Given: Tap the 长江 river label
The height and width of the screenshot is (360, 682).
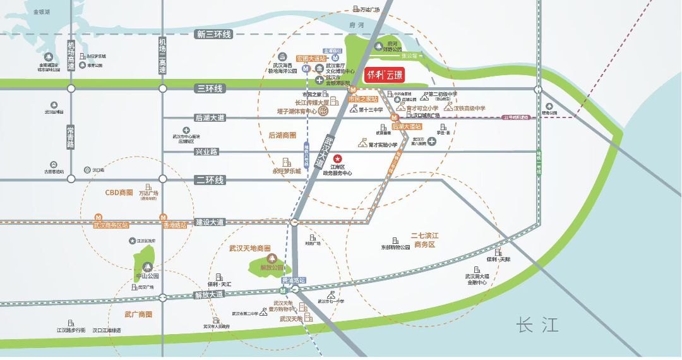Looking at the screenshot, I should [x=537, y=325].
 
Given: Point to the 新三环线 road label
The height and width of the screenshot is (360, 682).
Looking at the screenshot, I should [x=214, y=34].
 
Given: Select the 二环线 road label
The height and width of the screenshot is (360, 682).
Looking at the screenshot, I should [x=210, y=181].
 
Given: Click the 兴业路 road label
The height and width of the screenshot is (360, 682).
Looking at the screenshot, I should [x=206, y=152].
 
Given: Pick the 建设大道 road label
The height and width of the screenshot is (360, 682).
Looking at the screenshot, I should [x=210, y=222].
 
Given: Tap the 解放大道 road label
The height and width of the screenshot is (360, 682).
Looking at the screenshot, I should [x=209, y=294].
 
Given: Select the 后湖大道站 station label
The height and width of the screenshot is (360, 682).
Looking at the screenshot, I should [x=407, y=126].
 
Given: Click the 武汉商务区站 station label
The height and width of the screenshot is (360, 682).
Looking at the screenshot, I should [x=111, y=225].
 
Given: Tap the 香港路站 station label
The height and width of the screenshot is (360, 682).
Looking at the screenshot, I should [x=175, y=225].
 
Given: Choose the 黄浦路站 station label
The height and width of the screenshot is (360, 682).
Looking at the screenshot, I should [x=293, y=280].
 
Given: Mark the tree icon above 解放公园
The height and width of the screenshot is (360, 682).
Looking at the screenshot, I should [x=273, y=258].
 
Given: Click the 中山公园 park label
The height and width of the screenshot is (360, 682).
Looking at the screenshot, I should [x=147, y=276].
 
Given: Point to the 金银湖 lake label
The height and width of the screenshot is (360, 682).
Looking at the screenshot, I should [x=42, y=12].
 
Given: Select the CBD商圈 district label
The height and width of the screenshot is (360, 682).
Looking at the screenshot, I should [x=119, y=192].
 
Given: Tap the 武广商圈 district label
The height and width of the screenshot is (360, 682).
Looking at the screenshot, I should [x=138, y=314].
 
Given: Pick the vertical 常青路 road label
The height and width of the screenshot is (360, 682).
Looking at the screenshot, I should [x=71, y=136].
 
